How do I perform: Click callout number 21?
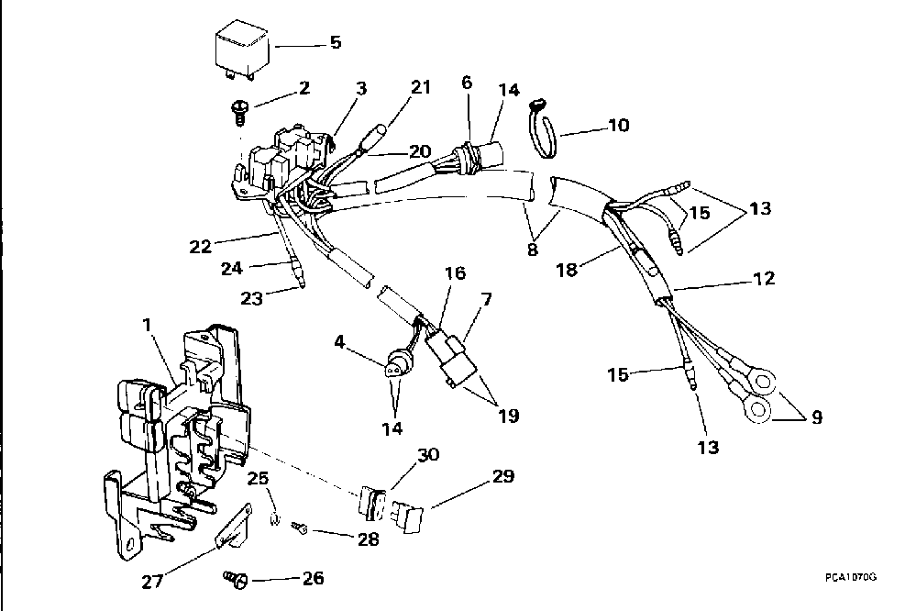[x=421, y=87]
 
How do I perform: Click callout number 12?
[x=764, y=278]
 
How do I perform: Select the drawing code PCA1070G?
[x=851, y=576]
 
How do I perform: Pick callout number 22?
[x=200, y=246]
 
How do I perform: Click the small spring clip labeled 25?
[x=272, y=516]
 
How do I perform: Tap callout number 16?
[x=456, y=272]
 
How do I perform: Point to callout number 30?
[x=429, y=455]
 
